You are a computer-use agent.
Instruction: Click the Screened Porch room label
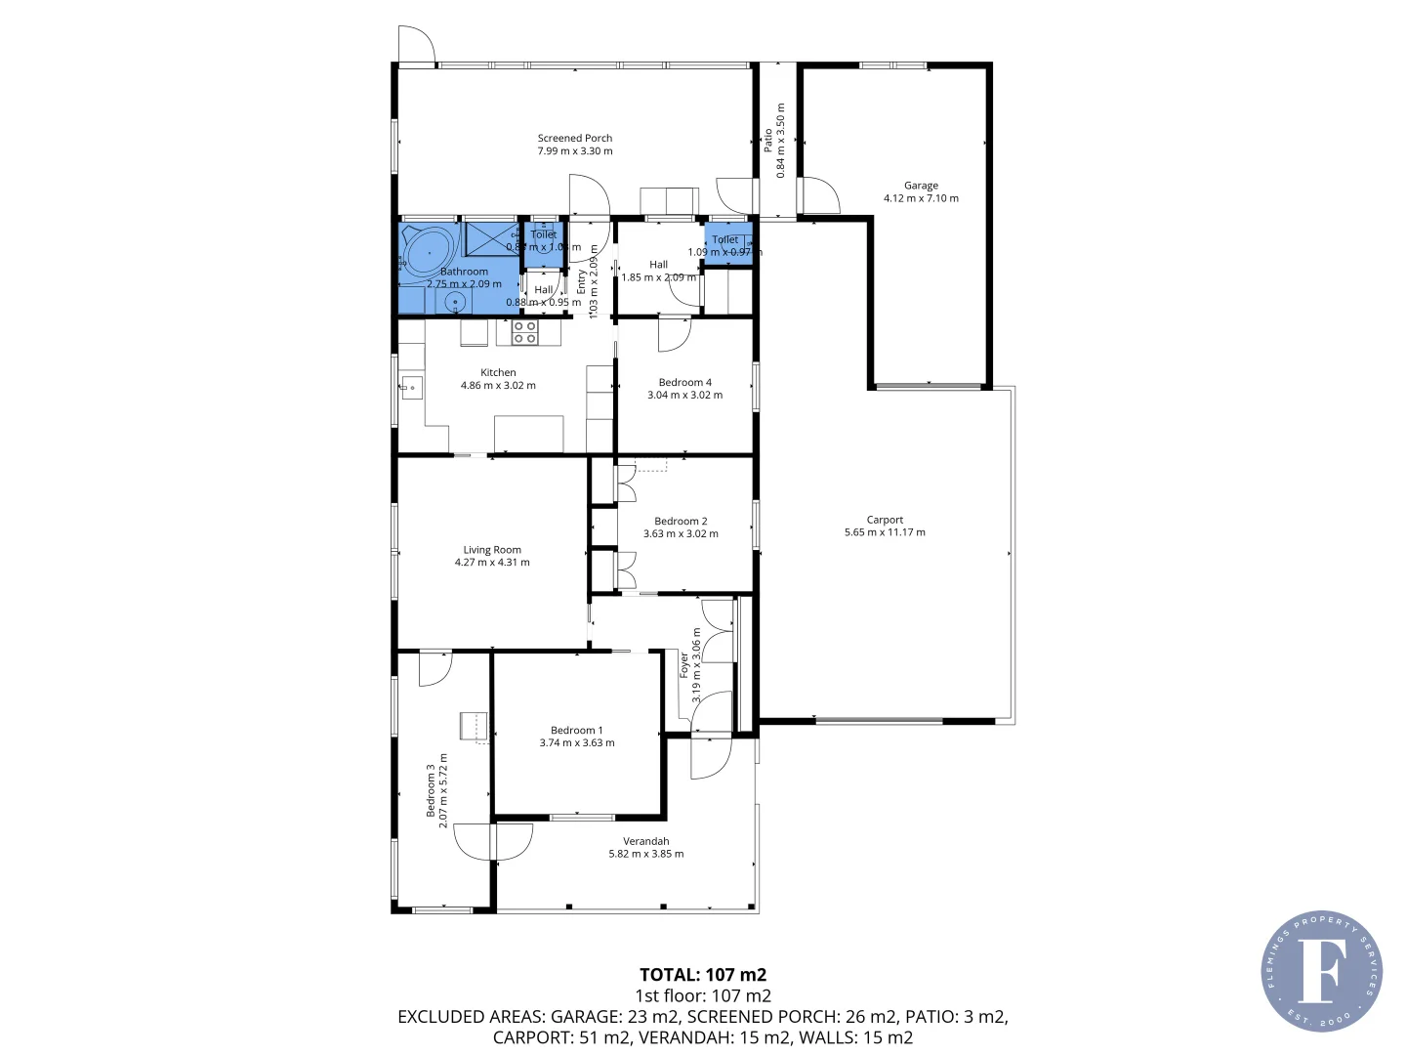pyautogui.click(x=575, y=139)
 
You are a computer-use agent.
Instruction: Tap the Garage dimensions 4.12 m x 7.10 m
pyautogui.click(x=921, y=198)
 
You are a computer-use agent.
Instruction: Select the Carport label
pyautogui.click(x=885, y=520)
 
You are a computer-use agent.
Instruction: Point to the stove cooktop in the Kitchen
pyautogui.click(x=524, y=332)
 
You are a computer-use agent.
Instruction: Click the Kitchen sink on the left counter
pyautogui.click(x=411, y=388)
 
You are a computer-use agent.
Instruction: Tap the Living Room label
pyautogui.click(x=492, y=550)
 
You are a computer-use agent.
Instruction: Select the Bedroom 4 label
pyautogui.click(x=684, y=382)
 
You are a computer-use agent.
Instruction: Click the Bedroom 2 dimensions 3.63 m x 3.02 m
pyautogui.click(x=681, y=534)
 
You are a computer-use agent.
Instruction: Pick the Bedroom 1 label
pyautogui.click(x=576, y=730)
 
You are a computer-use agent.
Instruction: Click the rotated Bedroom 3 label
pyautogui.click(x=431, y=790)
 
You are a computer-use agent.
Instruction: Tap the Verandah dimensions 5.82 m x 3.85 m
pyautogui.click(x=645, y=854)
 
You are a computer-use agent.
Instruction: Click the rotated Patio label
pyautogui.click(x=768, y=140)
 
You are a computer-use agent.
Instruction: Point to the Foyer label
pyautogui.click(x=684, y=665)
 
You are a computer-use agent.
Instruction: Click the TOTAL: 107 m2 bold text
pyautogui.click(x=702, y=974)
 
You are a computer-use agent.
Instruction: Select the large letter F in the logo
pyautogui.click(x=1321, y=970)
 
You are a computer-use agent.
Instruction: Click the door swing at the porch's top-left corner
pyautogui.click(x=416, y=45)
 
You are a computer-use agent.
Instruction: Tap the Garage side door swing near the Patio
pyautogui.click(x=818, y=195)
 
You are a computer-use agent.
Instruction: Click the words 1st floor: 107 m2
pyautogui.click(x=702, y=995)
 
